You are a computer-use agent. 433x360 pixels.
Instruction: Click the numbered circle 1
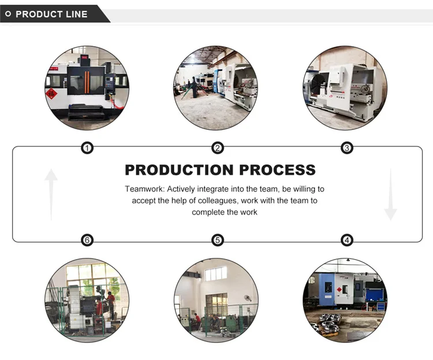tap(87, 148)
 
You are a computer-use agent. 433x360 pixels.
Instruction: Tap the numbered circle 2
tap(217, 148)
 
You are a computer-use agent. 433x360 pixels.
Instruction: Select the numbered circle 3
tap(347, 148)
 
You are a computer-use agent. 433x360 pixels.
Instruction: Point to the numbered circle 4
tap(347, 240)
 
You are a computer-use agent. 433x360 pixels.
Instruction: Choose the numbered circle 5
tap(217, 240)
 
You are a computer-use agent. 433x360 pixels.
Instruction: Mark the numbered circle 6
tap(87, 240)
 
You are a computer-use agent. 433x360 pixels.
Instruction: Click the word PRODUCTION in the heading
tap(171, 170)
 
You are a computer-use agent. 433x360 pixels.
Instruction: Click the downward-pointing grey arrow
tap(391, 194)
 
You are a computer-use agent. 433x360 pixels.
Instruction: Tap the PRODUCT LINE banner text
tap(51, 14)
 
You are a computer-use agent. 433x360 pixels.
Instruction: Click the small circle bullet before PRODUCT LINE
tap(8, 14)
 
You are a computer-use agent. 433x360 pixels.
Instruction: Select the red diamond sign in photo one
tap(52, 94)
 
